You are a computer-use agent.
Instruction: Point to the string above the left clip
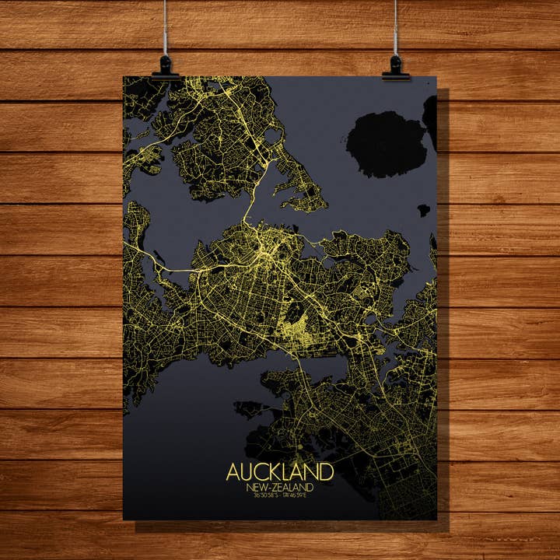pyautogui.click(x=165, y=27)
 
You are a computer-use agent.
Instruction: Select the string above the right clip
pyautogui.click(x=396, y=27)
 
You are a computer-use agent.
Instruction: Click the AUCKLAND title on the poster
pyautogui.click(x=280, y=472)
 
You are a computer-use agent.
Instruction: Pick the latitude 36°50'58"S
pyautogui.click(x=261, y=495)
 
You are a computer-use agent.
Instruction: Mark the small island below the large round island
pyautogui.click(x=423, y=210)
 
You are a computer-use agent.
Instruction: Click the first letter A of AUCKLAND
pyautogui.click(x=233, y=472)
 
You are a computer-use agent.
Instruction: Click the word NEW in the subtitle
pyautogui.click(x=255, y=487)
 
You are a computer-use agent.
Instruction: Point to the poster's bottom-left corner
pyautogui.click(x=124, y=519)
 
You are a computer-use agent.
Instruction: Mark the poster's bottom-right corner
pyautogui.click(x=436, y=519)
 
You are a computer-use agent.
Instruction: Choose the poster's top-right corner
pyautogui.click(x=436, y=77)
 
